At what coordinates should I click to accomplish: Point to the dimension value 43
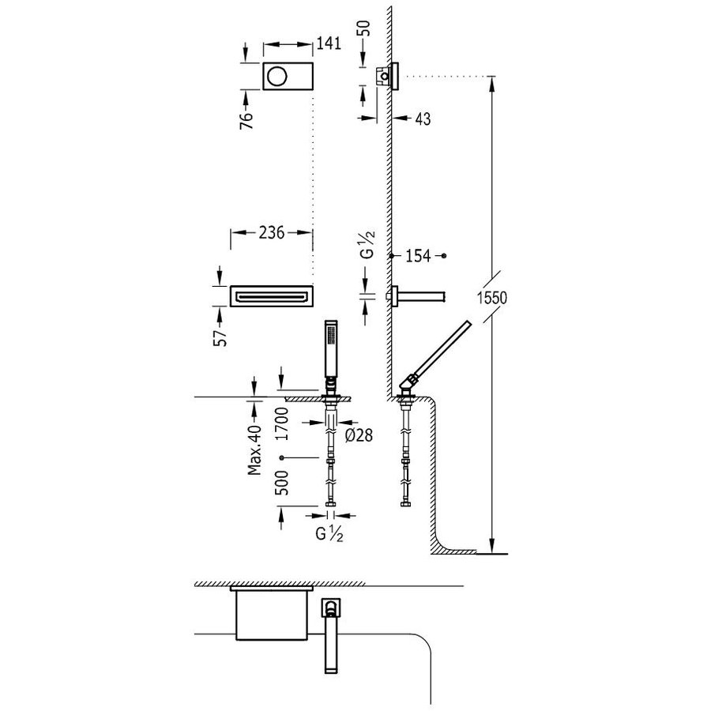(423, 118)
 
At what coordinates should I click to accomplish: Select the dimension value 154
(419, 256)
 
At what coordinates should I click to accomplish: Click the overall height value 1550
(490, 298)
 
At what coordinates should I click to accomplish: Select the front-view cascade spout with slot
(271, 296)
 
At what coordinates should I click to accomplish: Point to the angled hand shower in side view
(438, 352)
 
